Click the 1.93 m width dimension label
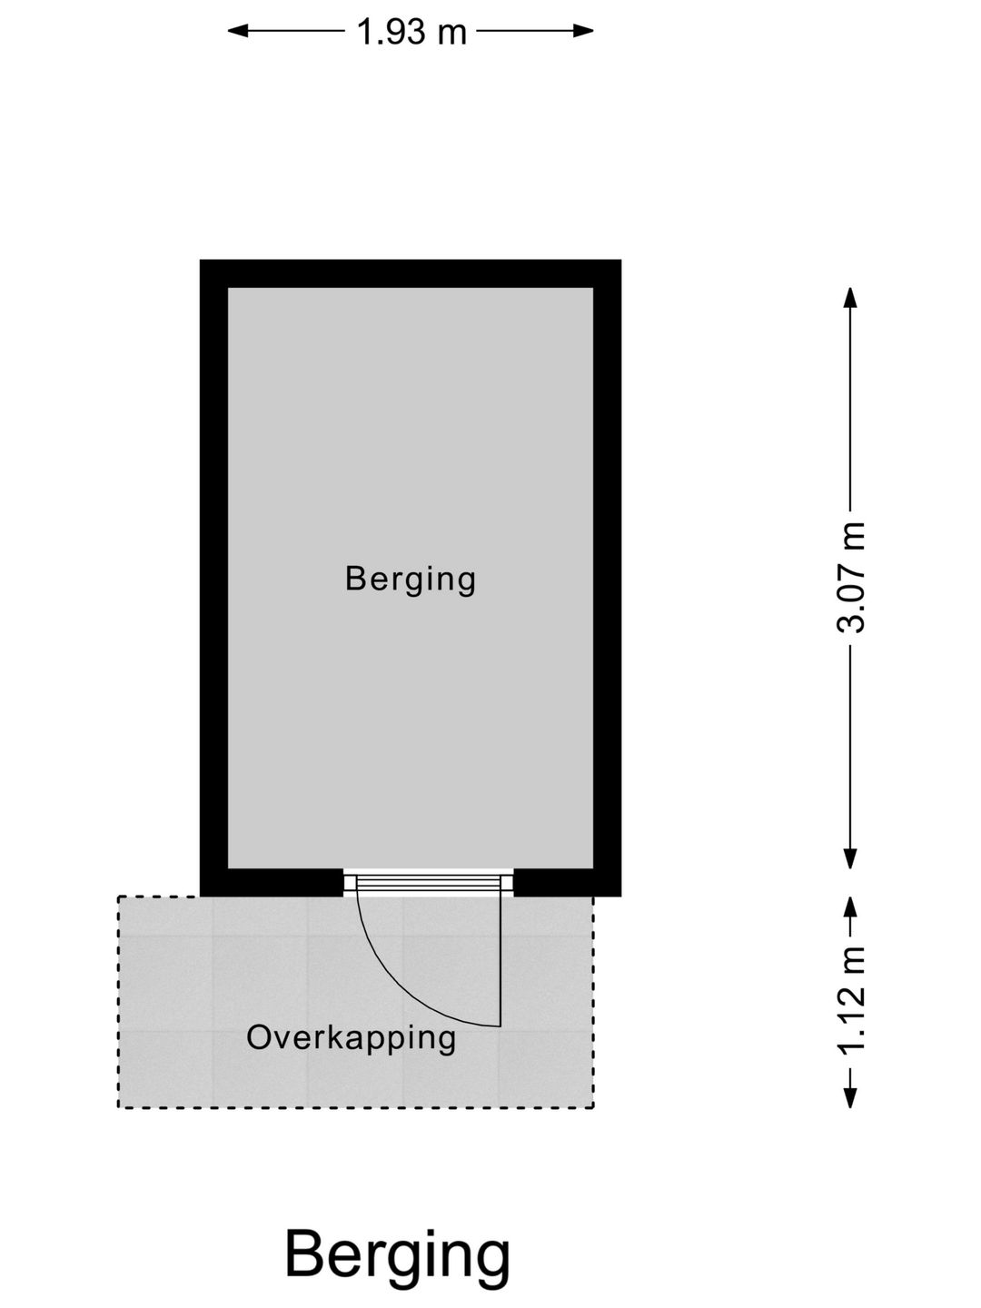pos(411,32)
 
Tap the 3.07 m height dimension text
pos(850,577)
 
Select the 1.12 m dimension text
pos(850,1000)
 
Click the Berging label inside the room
pos(411,580)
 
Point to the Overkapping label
pos(352,1037)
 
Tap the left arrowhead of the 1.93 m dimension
pos(238,30)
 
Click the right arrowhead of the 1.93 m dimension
pos(583,30)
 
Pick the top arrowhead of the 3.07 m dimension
pos(850,298)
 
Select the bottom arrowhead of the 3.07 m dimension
pos(850,858)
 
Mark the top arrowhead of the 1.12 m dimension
pos(850,907)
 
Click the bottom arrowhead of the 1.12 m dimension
pos(850,1097)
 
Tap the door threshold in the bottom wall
pos(428,883)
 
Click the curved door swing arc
pos(399,981)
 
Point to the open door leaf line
pos(500,954)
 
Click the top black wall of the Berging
pos(411,273)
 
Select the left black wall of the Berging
pos(213,578)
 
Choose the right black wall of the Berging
pos(607,578)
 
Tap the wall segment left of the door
pos(272,883)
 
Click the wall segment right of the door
pos(567,883)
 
